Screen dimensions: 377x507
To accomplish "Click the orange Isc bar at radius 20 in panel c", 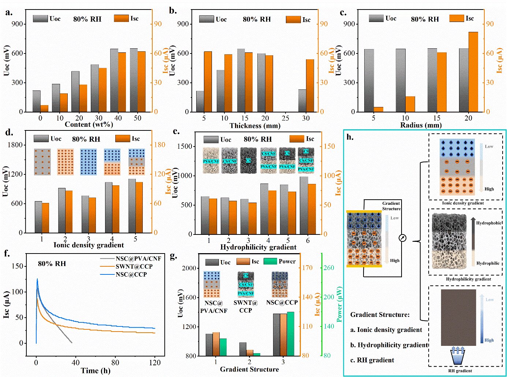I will pos(473,72).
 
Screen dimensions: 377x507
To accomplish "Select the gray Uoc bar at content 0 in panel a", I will pos(36,101).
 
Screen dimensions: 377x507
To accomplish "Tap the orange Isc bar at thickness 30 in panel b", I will pos(310,85).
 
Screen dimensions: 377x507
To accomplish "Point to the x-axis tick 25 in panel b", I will pos(286,118).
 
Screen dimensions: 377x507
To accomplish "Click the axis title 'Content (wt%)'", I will pos(89,125).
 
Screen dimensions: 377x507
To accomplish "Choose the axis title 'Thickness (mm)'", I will pos(255,126).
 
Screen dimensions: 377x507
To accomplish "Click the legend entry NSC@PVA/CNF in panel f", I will pos(138,259).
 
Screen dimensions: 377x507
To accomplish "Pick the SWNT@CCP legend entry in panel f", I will pos(134,266).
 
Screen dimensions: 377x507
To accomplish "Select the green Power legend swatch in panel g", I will pos(270,261).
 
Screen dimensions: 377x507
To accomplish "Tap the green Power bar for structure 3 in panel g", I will pos(290,334).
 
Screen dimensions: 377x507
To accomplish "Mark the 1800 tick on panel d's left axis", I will pos(15,145).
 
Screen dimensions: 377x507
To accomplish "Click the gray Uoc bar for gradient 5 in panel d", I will pos(132,206).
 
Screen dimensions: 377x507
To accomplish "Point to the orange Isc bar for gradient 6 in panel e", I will pos(312,209).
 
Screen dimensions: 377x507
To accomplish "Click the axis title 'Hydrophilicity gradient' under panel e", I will pos(258,247).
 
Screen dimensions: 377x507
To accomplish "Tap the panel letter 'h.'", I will pos(350,137).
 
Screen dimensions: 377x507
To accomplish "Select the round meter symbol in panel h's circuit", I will pos(402,238).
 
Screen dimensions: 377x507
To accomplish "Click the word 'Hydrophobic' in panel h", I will pos(489,223).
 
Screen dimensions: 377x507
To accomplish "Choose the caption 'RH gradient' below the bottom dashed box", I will pos(460,371).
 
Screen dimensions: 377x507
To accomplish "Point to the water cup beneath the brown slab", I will pos(458,356).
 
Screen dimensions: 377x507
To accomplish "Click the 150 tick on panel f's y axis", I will pos(17,266).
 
